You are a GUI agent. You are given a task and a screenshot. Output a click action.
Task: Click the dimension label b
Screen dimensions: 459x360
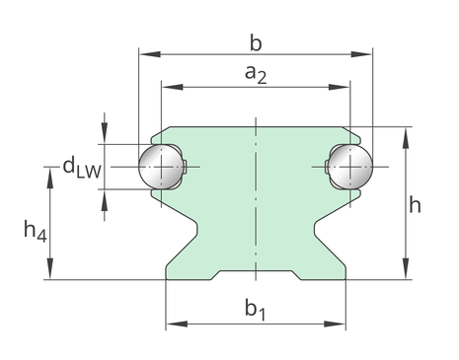(256, 43)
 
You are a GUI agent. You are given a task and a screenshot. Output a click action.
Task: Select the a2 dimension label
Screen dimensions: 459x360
(256, 74)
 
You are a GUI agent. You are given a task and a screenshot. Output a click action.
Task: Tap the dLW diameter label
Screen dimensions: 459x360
(82, 167)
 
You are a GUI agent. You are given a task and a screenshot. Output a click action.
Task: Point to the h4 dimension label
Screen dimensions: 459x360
(36, 231)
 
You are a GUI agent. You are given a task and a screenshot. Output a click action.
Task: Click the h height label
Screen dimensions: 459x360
(415, 205)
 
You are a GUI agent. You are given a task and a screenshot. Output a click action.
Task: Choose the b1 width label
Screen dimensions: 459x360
(256, 309)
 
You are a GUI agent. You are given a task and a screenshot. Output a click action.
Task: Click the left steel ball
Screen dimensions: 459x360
(161, 167)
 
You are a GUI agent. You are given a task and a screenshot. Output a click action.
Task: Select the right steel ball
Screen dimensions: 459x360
(350, 167)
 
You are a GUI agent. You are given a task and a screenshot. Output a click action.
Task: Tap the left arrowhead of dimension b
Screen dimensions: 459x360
(150, 54)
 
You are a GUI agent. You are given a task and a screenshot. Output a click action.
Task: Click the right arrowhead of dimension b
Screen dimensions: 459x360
(361, 54)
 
